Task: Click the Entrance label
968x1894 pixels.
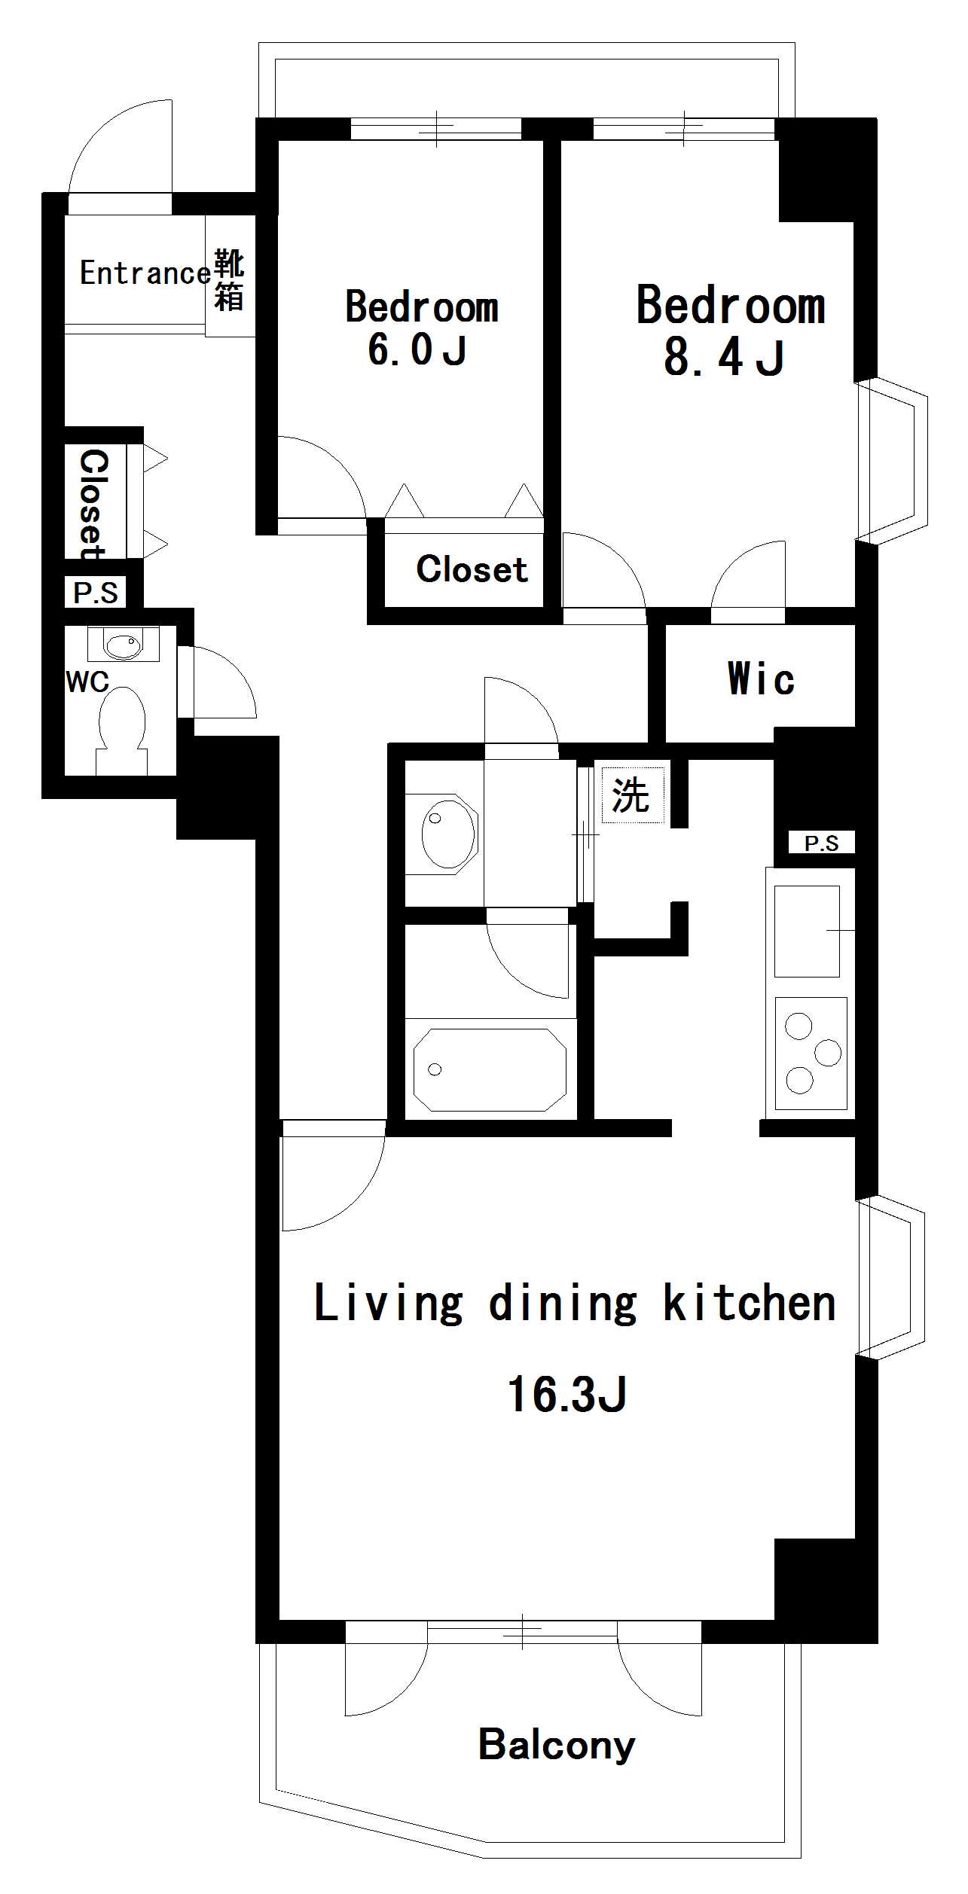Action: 145,273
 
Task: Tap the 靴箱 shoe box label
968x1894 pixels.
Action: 229,280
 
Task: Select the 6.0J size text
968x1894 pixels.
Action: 417,350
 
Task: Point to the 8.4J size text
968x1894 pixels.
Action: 725,358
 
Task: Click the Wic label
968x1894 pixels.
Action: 761,679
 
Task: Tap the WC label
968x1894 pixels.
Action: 87,682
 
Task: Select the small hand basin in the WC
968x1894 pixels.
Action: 123,645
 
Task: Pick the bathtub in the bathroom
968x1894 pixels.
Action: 490,1069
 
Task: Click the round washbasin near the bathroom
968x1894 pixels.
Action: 448,834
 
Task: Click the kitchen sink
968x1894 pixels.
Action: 807,932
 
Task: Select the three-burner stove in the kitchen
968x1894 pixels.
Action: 811,1054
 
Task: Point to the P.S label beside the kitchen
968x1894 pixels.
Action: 821,843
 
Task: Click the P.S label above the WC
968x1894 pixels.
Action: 96,593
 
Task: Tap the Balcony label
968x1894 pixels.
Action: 557,1746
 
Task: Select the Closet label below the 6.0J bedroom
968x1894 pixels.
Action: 472,569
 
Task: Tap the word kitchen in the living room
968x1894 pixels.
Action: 750,1302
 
